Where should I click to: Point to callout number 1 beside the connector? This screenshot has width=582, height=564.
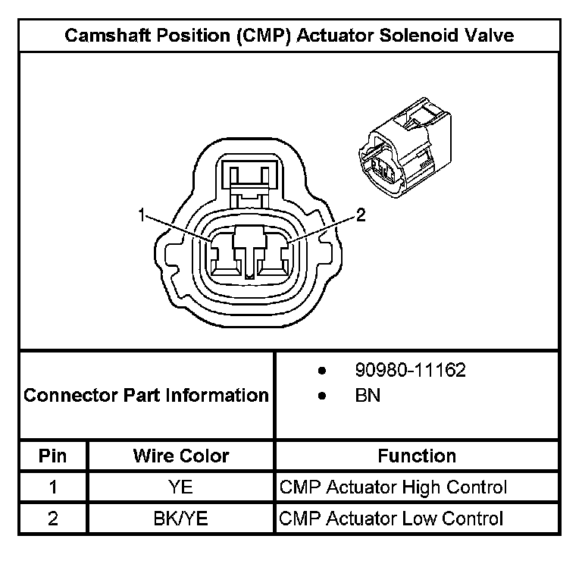tap(141, 216)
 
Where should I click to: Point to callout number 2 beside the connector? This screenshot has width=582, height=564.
tap(361, 215)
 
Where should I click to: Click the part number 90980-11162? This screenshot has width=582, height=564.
tap(410, 371)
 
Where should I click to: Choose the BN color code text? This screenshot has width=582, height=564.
tap(368, 396)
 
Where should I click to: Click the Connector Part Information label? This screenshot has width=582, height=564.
tap(146, 395)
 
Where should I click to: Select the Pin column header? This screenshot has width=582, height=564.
tap(53, 456)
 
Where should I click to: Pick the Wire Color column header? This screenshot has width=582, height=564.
tap(181, 456)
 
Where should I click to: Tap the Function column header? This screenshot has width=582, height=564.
tap(417, 456)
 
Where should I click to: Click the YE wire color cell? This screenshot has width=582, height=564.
tap(181, 487)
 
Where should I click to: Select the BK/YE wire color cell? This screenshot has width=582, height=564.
tap(181, 519)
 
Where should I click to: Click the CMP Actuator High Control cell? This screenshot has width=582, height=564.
tap(393, 487)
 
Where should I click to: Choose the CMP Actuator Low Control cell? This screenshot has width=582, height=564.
tap(391, 519)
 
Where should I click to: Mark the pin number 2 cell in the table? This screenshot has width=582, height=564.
tap(53, 519)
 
